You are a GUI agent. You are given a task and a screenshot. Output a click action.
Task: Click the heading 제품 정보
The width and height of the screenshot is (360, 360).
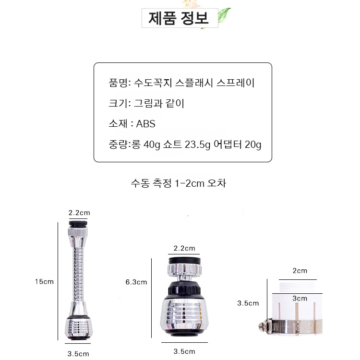click(179, 19)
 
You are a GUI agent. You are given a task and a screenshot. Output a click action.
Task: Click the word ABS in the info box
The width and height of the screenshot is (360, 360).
click(146, 124)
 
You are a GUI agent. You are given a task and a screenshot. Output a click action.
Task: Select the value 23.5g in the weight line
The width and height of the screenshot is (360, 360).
click(195, 144)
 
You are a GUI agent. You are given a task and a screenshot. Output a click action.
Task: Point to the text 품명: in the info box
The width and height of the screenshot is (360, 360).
click(120, 83)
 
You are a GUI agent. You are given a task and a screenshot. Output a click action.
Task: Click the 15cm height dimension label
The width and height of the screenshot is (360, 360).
click(44, 282)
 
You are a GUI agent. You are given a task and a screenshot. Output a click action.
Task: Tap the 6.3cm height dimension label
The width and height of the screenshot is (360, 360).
click(136, 282)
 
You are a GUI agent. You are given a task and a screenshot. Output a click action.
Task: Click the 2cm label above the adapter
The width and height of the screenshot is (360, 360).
click(300, 271)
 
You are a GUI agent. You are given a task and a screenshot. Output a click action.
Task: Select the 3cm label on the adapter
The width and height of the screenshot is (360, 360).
click(300, 298)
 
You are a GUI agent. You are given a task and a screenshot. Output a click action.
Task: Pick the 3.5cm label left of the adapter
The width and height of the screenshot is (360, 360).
click(248, 303)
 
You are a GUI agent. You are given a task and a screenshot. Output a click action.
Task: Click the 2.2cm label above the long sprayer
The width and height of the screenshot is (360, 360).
click(79, 213)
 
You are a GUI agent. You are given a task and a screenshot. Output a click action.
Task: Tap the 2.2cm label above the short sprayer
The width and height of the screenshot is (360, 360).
click(185, 248)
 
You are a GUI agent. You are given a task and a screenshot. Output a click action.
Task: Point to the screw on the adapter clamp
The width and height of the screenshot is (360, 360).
click(264, 326)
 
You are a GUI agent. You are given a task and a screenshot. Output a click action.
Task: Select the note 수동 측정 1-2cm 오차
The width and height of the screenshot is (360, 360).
click(178, 183)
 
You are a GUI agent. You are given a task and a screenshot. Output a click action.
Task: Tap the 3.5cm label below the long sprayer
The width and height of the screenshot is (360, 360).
click(79, 354)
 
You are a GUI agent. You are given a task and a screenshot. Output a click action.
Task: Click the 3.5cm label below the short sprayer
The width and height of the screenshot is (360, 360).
click(185, 351)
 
